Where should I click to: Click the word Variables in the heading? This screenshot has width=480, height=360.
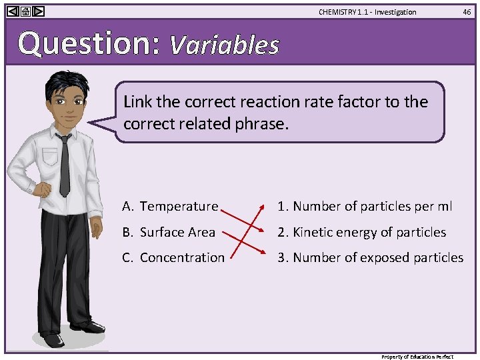[224, 45]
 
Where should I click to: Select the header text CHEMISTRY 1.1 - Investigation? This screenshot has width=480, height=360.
[367, 12]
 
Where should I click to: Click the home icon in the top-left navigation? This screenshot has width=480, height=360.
[25, 11]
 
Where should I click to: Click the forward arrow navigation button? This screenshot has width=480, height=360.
[39, 11]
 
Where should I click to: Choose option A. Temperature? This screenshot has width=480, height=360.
[170, 207]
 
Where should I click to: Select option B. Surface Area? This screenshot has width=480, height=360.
[169, 232]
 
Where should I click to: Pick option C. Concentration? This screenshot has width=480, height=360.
[173, 257]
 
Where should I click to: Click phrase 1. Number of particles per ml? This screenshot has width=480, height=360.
[365, 207]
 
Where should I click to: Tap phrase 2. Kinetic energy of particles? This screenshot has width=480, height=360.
[362, 232]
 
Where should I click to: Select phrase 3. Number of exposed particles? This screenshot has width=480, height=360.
[371, 257]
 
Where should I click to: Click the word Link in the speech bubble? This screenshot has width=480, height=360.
[137, 102]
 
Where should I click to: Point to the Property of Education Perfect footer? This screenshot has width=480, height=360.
[417, 357]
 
